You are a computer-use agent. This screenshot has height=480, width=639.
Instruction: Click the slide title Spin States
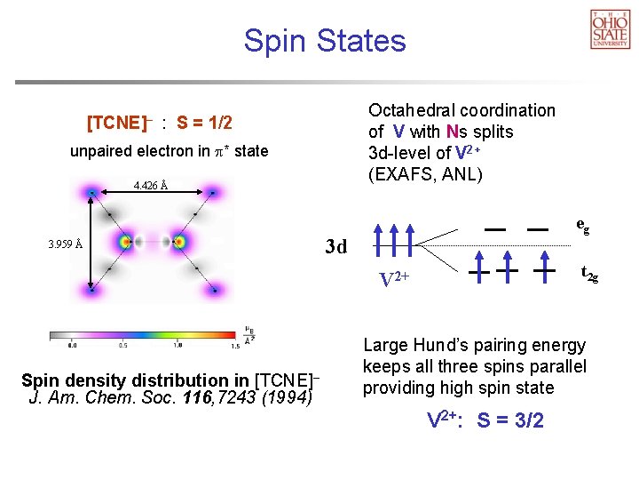click(x=325, y=41)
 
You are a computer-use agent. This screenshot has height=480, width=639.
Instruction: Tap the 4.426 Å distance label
click(x=150, y=186)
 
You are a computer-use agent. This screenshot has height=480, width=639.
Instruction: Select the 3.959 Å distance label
click(x=66, y=244)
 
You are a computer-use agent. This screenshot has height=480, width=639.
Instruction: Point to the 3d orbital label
click(x=336, y=246)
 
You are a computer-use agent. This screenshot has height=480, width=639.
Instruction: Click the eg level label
click(x=582, y=226)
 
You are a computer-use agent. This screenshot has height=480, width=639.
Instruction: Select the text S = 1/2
click(x=204, y=122)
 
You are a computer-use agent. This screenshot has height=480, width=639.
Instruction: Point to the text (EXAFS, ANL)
click(x=425, y=174)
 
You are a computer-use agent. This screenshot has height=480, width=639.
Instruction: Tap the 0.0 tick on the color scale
click(x=72, y=346)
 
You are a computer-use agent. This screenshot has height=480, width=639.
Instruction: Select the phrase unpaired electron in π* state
click(x=169, y=151)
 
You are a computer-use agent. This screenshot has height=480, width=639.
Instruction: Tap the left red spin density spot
click(x=126, y=241)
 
